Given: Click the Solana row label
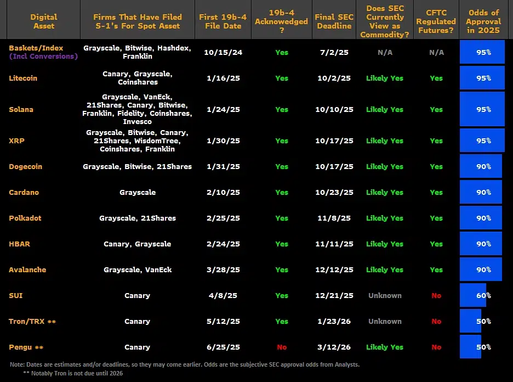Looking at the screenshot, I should (21, 109).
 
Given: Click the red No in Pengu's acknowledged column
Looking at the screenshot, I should (282, 347).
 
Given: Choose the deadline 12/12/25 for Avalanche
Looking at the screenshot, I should (334, 269).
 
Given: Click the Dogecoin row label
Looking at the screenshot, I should (26, 166).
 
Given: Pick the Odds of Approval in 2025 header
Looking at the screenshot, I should (483, 21).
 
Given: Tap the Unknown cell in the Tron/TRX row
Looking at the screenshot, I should (385, 321).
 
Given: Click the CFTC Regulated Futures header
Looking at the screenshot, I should (436, 21).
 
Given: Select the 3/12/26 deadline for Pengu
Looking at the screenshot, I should (334, 347).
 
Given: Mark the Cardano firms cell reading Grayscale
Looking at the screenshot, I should (138, 192).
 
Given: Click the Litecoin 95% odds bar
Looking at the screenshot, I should (482, 78).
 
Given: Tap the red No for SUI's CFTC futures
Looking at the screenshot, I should (436, 295).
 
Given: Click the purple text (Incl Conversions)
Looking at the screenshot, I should (43, 57).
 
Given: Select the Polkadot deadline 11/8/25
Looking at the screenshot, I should (334, 218).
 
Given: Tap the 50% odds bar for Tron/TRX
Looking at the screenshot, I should (471, 321).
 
